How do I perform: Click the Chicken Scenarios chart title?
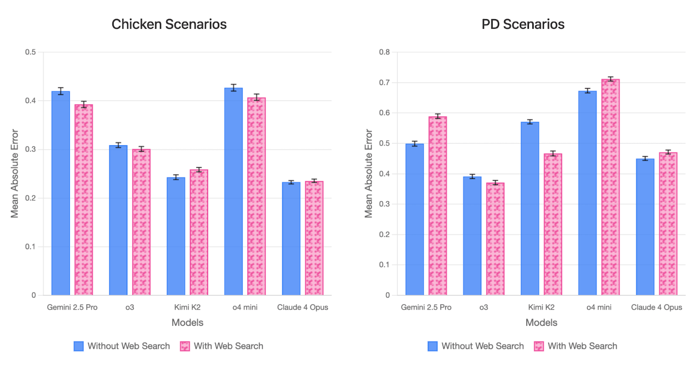(x=169, y=24)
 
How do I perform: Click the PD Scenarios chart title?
(x=523, y=24)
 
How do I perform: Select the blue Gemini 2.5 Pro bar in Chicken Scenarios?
(x=61, y=193)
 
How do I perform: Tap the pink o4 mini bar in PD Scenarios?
(x=610, y=187)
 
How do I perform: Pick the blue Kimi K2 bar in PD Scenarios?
(x=530, y=209)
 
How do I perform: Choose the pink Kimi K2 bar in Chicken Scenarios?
(x=199, y=233)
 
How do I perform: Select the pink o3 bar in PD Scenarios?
(x=495, y=239)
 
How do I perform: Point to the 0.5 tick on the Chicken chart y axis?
(x=30, y=52)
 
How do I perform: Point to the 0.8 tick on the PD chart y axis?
(x=384, y=52)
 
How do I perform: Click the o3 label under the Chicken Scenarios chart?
(x=130, y=308)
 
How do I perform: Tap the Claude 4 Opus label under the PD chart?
(x=656, y=308)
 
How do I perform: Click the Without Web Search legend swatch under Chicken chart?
(x=79, y=346)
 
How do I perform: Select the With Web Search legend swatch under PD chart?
(x=539, y=346)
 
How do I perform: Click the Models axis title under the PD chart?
(x=541, y=323)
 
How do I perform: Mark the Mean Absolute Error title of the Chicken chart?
(x=15, y=173)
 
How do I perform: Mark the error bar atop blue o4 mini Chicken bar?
(x=233, y=88)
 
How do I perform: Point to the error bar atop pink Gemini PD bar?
(x=437, y=116)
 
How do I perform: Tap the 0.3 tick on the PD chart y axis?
(x=384, y=204)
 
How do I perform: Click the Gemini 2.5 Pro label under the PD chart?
(x=426, y=308)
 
